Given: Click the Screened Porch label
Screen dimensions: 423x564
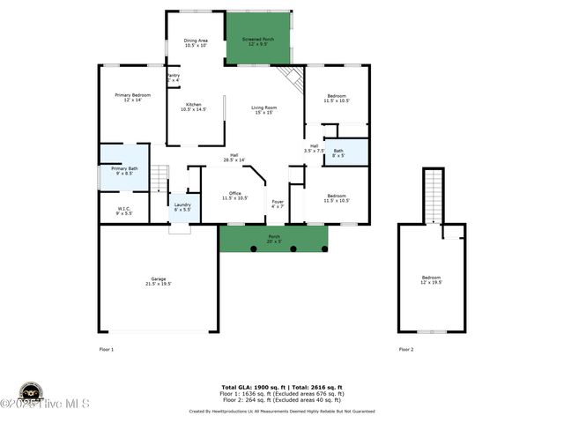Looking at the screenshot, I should coord(258,42).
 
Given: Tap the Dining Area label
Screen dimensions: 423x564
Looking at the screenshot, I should coord(196,42).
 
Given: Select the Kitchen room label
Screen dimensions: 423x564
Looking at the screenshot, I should coord(194,107).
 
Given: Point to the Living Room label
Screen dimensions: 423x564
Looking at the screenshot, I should coord(264,109).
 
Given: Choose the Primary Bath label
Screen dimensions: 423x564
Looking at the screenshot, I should coord(124,170).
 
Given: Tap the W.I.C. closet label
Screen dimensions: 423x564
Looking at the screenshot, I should coord(124,211).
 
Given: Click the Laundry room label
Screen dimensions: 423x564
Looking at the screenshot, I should coord(182,206).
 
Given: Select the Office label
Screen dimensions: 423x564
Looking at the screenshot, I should coord(234,196).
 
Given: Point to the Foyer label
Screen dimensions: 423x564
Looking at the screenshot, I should coord(278,204).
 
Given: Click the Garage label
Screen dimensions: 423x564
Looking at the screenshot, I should coord(159,281).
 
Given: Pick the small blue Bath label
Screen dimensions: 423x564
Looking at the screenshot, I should coord(338,152).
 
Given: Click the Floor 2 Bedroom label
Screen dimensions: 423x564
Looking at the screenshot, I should coord(432,280).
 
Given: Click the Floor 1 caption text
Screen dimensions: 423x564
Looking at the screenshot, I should coord(107,349).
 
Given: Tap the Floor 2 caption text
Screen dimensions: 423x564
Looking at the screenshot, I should coord(406,349).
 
